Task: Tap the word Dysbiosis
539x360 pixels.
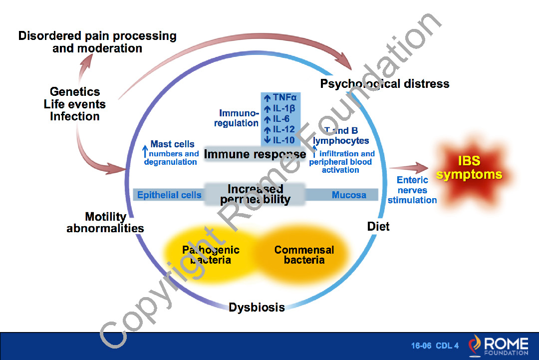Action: tap(257, 307)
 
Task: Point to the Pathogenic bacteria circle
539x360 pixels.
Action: tap(211, 255)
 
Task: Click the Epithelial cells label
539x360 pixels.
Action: tap(169, 195)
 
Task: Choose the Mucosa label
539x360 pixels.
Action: tap(349, 195)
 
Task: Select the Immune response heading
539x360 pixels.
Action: tap(255, 154)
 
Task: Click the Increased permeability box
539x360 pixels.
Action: tap(255, 195)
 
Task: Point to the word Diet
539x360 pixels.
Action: tap(378, 227)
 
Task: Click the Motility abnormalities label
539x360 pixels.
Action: tap(105, 223)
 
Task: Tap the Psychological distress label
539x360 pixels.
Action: tap(385, 83)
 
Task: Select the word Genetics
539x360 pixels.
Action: tap(75, 92)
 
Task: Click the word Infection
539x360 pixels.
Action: tap(75, 116)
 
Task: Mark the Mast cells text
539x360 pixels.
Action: tap(172, 144)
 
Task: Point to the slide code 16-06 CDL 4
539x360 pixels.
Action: tap(435, 346)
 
